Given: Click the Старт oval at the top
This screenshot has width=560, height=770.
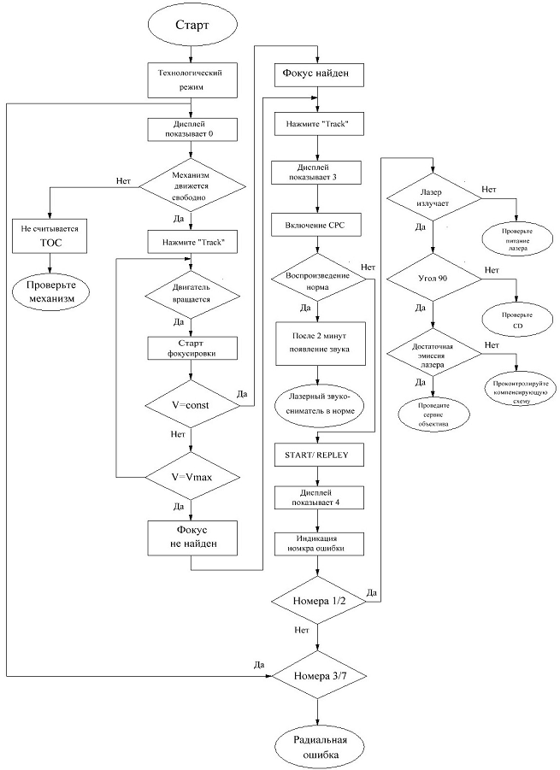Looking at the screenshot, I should pyautogui.click(x=191, y=26).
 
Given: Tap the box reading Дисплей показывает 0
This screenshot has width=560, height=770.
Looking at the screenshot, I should pyautogui.click(x=191, y=128).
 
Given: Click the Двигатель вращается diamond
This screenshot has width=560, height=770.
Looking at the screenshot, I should pyautogui.click(x=191, y=293).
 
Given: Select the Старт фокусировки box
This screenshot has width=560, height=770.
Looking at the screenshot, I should pyautogui.click(x=191, y=348).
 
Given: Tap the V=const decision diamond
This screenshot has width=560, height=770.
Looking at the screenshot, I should pyautogui.click(x=191, y=405).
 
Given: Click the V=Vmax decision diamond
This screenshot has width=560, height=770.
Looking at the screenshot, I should pyautogui.click(x=191, y=477).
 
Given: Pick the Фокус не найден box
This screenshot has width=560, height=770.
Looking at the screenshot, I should pyautogui.click(x=191, y=536).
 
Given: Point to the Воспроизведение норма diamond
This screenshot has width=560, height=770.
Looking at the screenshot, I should pyautogui.click(x=318, y=281).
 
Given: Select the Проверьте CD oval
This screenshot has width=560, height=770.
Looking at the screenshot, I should pyautogui.click(x=516, y=320).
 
